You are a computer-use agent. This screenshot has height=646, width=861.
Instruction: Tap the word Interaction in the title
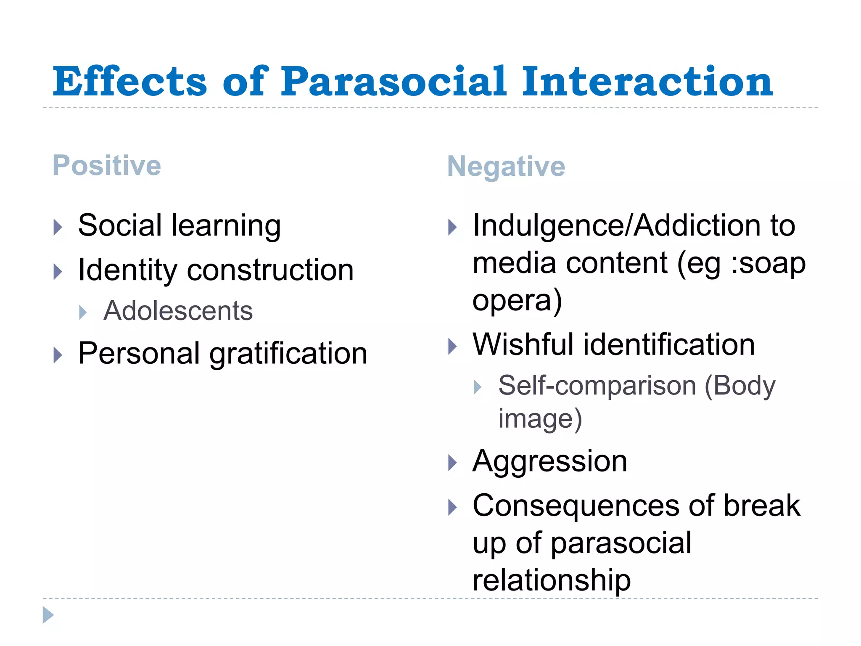pos(647,82)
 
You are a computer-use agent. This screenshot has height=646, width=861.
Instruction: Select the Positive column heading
pos(107,165)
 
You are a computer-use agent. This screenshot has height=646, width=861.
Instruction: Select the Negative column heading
pos(506,167)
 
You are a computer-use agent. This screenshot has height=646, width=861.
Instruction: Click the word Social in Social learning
pos(120,225)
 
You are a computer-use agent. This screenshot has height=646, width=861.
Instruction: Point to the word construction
pos(270,270)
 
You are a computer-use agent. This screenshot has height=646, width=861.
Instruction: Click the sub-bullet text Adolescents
pos(178,311)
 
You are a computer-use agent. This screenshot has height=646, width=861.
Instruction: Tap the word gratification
pos(288,353)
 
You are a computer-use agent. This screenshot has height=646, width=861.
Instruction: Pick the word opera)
pos(517,300)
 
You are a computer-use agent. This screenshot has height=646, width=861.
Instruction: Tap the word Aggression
pos(550,461)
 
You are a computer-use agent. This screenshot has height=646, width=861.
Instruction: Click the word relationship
pos(552,580)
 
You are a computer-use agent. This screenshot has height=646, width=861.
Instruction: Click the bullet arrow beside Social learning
pos(58,228)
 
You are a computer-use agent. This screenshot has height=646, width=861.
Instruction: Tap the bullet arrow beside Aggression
pos(452,463)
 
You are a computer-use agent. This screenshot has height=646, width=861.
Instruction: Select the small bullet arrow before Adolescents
pos(83,312)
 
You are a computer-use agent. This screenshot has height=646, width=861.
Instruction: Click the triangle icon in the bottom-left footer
pos(48,615)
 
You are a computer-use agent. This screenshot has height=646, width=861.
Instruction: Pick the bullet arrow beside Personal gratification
pos(58,355)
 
